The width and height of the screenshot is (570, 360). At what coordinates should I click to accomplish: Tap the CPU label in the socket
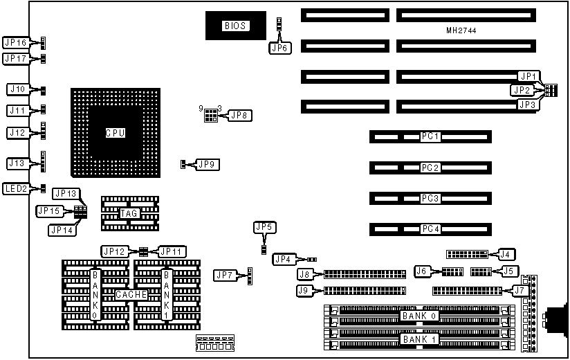tap(115, 132)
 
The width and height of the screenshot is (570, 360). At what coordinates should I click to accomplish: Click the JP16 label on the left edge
tap(16, 43)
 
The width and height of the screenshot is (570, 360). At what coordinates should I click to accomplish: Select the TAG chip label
tap(129, 213)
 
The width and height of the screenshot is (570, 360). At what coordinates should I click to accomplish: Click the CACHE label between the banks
tap(131, 295)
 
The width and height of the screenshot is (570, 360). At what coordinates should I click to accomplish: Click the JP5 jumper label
tap(264, 226)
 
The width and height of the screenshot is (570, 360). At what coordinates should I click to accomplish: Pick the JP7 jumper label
tap(225, 276)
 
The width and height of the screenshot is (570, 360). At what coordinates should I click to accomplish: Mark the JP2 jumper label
tap(522, 90)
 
